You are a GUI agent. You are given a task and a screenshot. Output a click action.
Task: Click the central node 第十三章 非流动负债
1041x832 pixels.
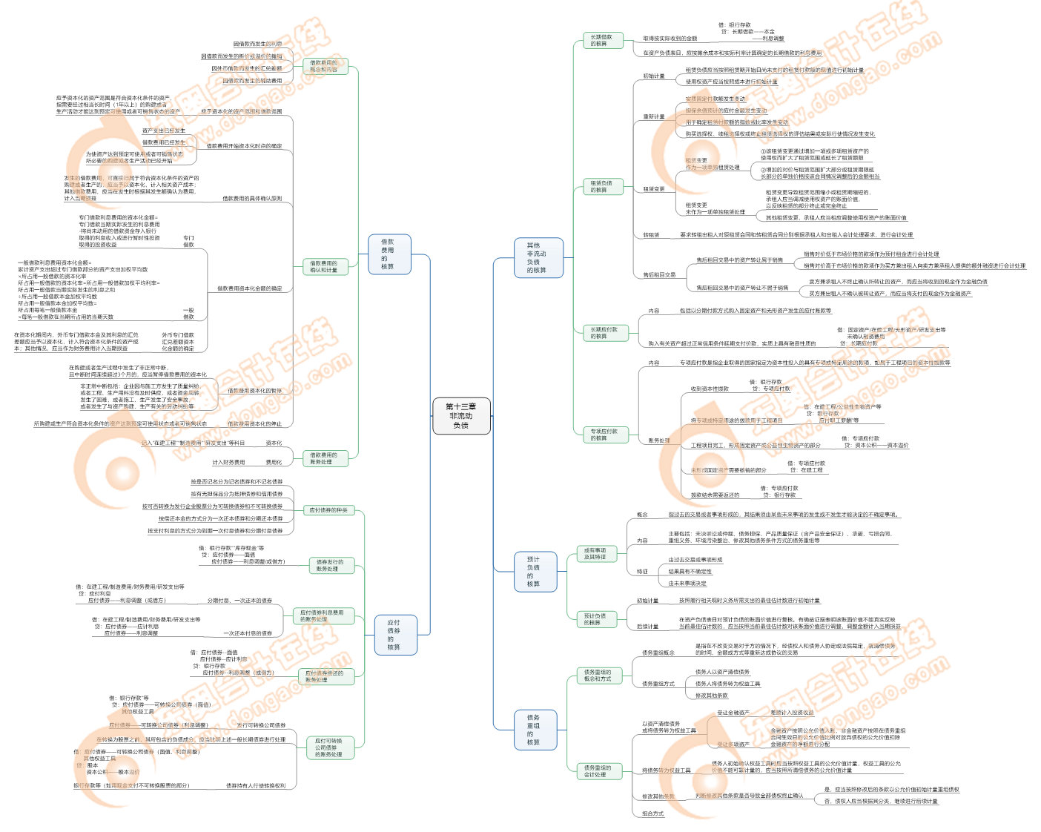pyautogui.click(x=460, y=416)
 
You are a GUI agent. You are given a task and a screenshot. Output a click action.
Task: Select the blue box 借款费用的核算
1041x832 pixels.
pyautogui.click(x=388, y=254)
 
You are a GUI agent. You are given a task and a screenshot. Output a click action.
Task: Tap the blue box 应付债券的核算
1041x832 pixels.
pyautogui.click(x=394, y=635)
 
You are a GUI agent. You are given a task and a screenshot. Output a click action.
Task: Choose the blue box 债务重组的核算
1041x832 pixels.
pyautogui.click(x=533, y=730)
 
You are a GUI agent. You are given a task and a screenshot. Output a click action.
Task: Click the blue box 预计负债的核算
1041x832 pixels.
pyautogui.click(x=533, y=572)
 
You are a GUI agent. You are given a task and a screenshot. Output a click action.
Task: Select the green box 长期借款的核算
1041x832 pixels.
pyautogui.click(x=601, y=41)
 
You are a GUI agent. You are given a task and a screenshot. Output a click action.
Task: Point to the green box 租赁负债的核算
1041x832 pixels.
pyautogui.click(x=601, y=187)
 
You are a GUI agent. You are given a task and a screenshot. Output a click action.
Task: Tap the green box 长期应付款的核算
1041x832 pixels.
pyautogui.click(x=604, y=333)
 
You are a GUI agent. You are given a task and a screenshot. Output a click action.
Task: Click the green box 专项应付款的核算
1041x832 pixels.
pyautogui.click(x=604, y=435)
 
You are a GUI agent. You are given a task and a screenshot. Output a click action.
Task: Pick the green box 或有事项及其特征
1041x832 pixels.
pyautogui.click(x=595, y=554)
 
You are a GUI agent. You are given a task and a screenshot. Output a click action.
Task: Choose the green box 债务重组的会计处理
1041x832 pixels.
pyautogui.click(x=597, y=771)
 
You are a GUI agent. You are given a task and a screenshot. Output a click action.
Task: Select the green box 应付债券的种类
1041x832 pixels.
pyautogui.click(x=328, y=510)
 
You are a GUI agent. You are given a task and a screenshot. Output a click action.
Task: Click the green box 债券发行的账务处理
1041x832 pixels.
pyautogui.click(x=327, y=566)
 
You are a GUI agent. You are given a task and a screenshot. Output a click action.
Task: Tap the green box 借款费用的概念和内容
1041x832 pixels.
pyautogui.click(x=323, y=67)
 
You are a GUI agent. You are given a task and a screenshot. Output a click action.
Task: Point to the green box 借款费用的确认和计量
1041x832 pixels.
pyautogui.click(x=323, y=267)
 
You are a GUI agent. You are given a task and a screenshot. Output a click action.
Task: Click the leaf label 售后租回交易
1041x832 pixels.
pyautogui.click(x=659, y=275)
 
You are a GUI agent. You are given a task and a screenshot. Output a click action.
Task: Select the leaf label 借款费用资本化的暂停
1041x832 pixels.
pyautogui.click(x=254, y=391)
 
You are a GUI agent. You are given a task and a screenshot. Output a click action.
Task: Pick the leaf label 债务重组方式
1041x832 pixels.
pyautogui.click(x=658, y=684)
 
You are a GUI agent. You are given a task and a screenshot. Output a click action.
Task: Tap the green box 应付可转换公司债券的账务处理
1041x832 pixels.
pyautogui.click(x=328, y=747)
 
